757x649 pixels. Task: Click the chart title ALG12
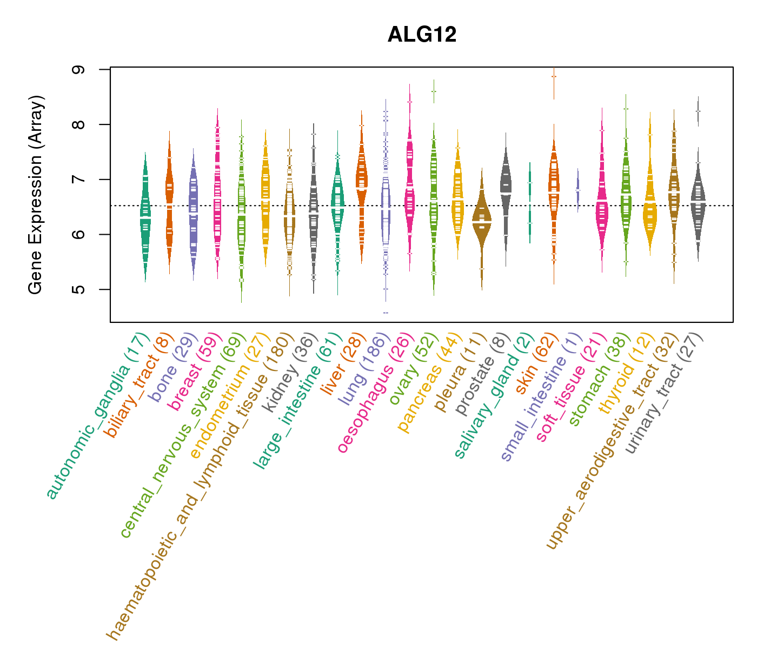point(422,35)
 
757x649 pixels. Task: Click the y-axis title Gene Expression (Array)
point(36,195)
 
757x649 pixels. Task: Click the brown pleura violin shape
point(481,222)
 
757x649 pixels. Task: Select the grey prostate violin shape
point(506,184)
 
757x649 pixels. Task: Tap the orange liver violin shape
point(361,178)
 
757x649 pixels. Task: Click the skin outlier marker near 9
point(554,76)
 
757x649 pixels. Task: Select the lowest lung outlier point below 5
point(386,313)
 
